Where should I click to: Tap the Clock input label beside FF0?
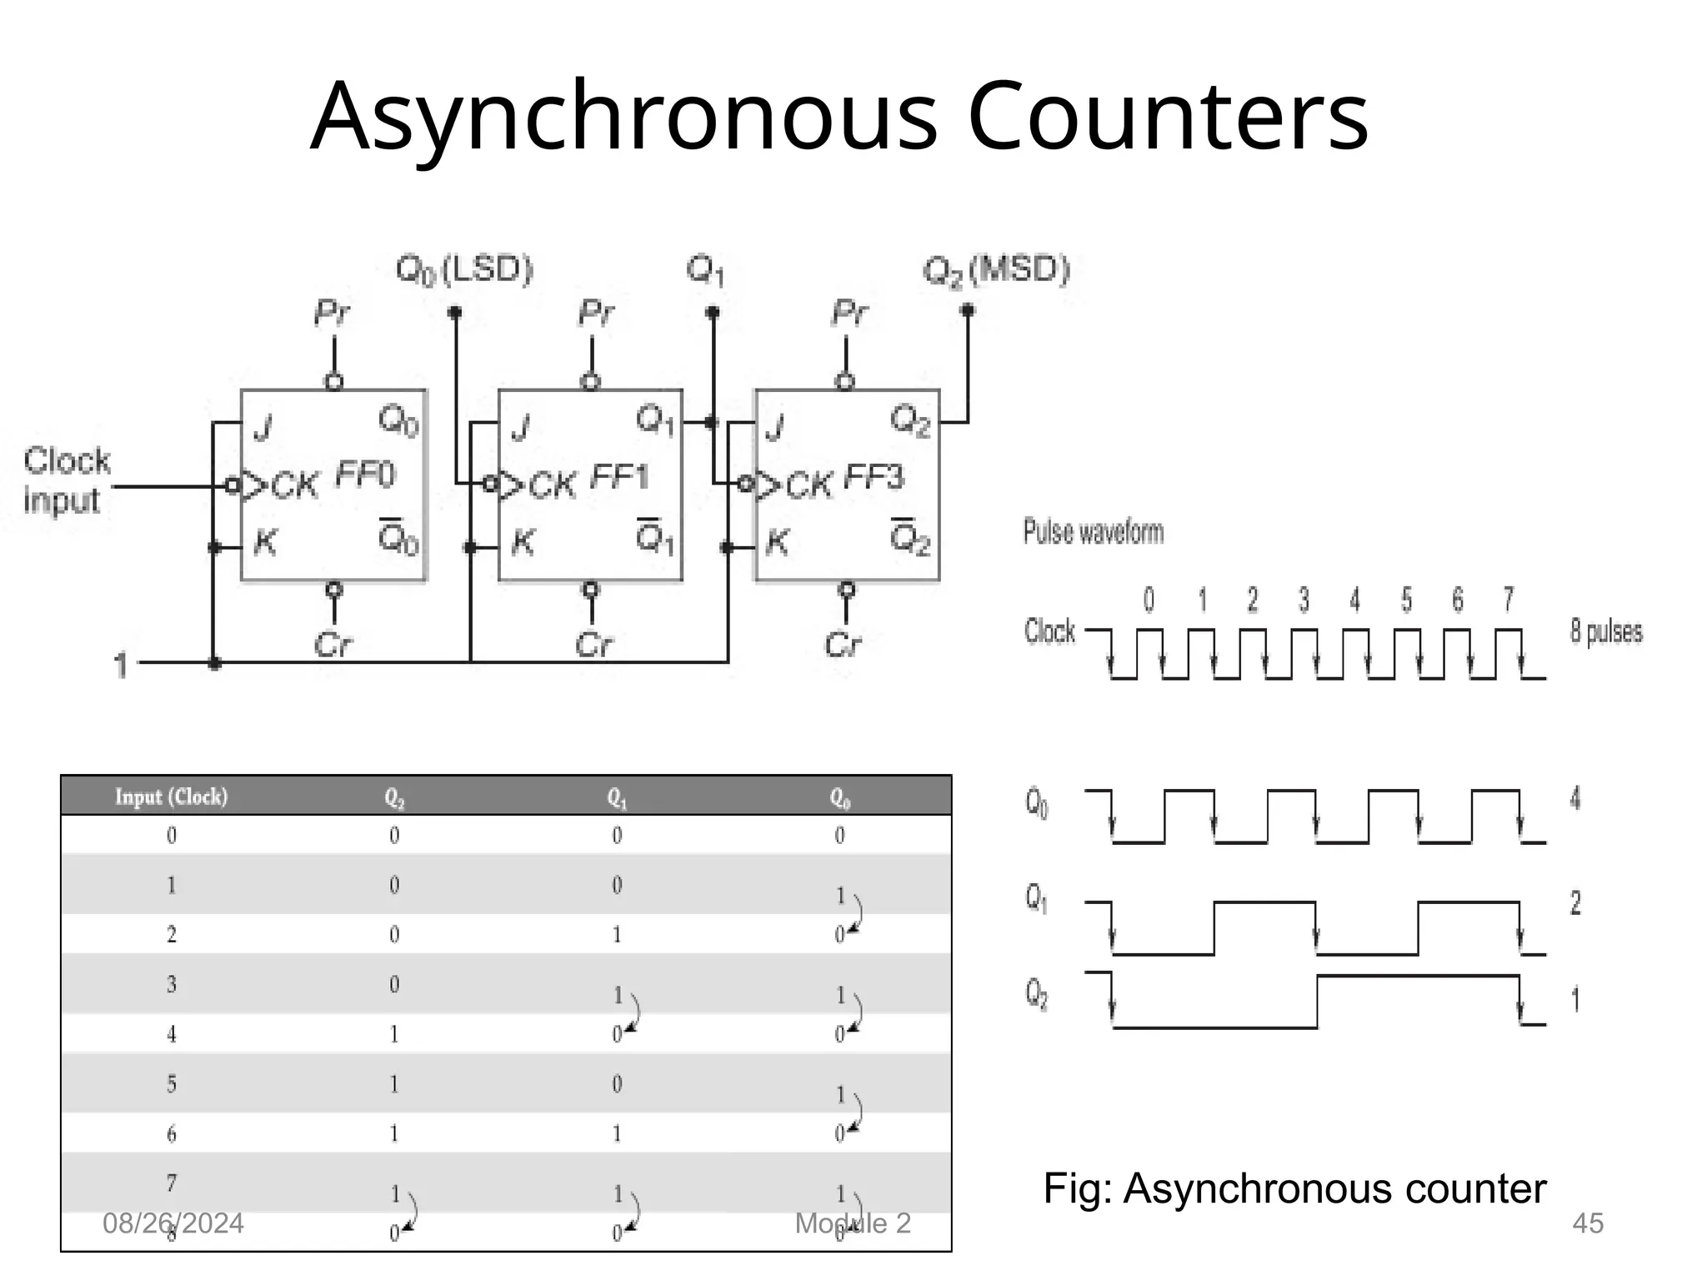(65, 480)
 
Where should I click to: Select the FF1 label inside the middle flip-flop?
(619, 477)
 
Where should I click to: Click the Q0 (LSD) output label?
(464, 270)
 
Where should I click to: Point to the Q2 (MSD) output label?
(996, 270)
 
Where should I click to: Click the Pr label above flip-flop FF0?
(332, 314)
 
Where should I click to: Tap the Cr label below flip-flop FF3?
(843, 645)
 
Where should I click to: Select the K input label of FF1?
(523, 543)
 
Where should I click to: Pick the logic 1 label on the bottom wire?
(122, 666)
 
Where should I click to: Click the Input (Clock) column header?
(171, 796)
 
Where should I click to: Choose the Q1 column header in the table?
(617, 798)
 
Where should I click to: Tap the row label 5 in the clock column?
(172, 1084)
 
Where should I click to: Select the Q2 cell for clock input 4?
(394, 1035)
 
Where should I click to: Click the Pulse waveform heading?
(1093, 531)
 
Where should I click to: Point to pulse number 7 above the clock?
(1509, 599)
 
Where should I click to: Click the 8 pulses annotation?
(1606, 631)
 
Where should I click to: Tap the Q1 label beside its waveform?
(1036, 898)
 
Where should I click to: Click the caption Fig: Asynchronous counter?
(1294, 1188)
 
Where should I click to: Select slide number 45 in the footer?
(1587, 1223)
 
